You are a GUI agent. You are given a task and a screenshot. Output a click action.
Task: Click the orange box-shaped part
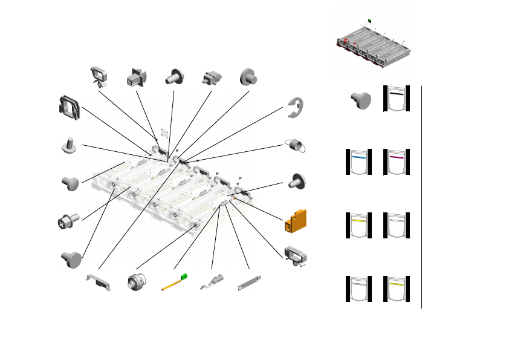pos(296,221)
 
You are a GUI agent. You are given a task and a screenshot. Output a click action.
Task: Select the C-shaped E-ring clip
pos(296,106)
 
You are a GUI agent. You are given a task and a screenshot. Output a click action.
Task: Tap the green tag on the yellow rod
pos(185,277)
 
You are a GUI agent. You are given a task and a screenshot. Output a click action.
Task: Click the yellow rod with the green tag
pos(172,283)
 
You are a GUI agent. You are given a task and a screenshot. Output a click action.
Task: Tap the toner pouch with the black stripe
pos(396,99)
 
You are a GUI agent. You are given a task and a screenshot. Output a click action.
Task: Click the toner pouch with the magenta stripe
pos(396,162)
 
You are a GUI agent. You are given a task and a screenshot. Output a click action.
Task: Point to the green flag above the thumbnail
pos(369,21)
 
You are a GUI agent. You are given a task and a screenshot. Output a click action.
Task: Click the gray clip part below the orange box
pos(296,257)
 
